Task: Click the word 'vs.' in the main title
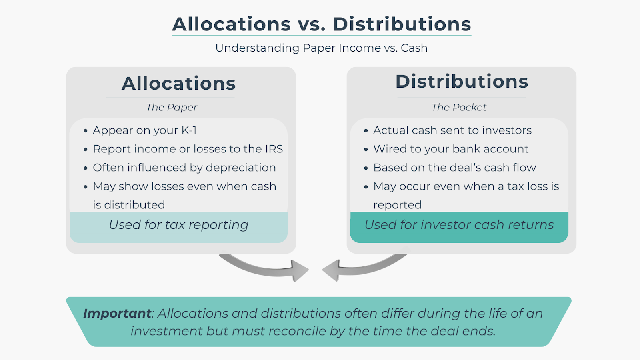[x=312, y=24]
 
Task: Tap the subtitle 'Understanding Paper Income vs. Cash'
[x=322, y=48]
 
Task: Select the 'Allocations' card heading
[x=178, y=83]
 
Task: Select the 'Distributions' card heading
[x=462, y=82]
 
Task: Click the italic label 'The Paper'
[x=172, y=108]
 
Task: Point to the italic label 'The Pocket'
[x=459, y=108]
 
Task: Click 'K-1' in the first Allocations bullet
[x=189, y=130]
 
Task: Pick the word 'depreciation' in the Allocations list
[x=241, y=168]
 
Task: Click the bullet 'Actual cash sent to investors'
[x=452, y=130]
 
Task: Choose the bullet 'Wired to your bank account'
[x=451, y=149]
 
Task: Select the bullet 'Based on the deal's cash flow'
[x=454, y=168]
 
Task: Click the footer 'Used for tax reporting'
[x=178, y=225]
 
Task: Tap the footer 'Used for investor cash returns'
[x=459, y=225]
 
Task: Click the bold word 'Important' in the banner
[x=117, y=314]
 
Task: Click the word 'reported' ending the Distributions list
[x=398, y=205]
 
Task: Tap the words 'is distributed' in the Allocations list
[x=129, y=205]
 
